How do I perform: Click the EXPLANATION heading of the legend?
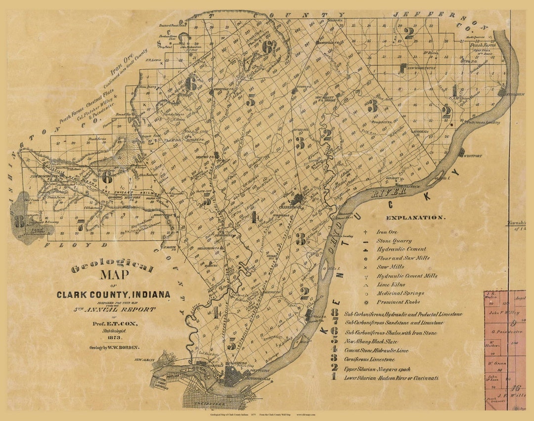[x=415, y=217]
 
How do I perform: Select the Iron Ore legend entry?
[x=388, y=232]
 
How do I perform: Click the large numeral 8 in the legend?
[x=335, y=313]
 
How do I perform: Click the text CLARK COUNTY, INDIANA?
[x=113, y=295]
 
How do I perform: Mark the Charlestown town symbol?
[x=298, y=200]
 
